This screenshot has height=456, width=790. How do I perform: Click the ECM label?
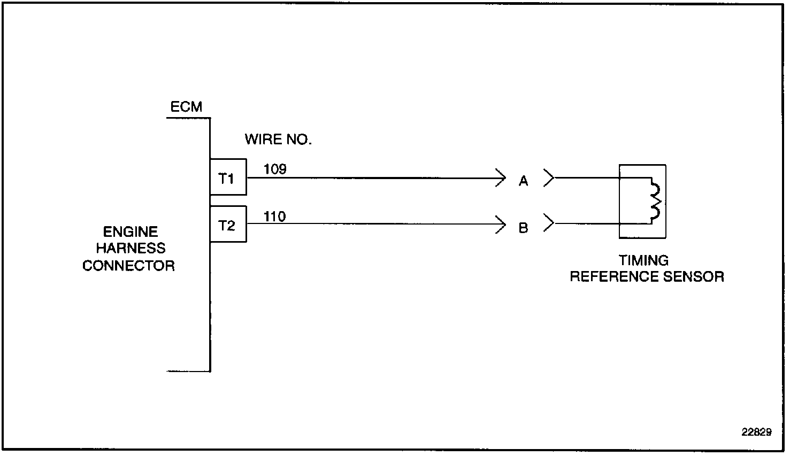point(186,107)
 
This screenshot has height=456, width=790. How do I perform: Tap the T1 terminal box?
point(228,177)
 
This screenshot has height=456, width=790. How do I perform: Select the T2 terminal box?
point(228,225)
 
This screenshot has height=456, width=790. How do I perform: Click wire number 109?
point(275,169)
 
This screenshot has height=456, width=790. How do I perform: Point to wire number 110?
point(275,217)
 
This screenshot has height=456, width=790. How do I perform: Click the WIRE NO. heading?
point(278,140)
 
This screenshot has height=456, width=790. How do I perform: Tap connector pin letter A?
point(523,181)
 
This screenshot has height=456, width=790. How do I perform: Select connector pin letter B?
point(523,228)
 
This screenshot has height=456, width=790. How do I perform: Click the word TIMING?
point(643,261)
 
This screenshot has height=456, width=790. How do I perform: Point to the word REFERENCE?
point(612,277)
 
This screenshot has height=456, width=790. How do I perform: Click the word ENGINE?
point(131,232)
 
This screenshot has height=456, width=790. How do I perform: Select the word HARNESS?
point(131,249)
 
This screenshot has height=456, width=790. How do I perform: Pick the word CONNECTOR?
point(128,266)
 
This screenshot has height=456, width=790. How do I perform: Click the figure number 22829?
point(756,432)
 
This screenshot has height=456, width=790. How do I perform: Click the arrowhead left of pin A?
point(501,177)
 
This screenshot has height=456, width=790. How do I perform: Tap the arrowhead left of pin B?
point(501,225)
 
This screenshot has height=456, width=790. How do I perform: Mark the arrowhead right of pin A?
point(549,177)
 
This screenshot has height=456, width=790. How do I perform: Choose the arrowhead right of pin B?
point(549,224)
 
